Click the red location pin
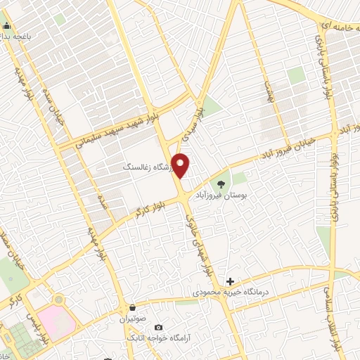tap(181, 165)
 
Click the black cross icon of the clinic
tap(230, 281)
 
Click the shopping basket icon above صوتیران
tap(132, 307)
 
